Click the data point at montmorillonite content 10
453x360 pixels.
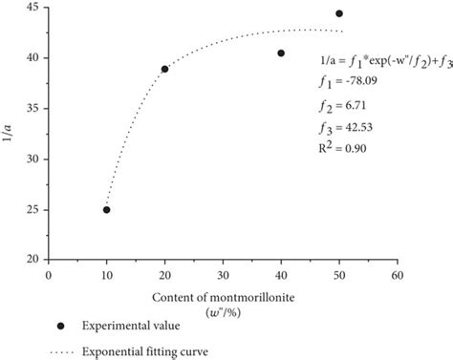[106, 209]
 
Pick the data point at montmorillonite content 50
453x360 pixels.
[339, 13]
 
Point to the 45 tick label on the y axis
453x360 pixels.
[32, 8]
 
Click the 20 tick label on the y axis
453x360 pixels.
[32, 260]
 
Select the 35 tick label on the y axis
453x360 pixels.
[32, 109]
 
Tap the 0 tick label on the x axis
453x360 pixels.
[49, 273]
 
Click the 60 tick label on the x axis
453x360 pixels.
[397, 273]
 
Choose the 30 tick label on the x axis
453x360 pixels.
[223, 273]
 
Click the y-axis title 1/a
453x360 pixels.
[9, 134]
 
